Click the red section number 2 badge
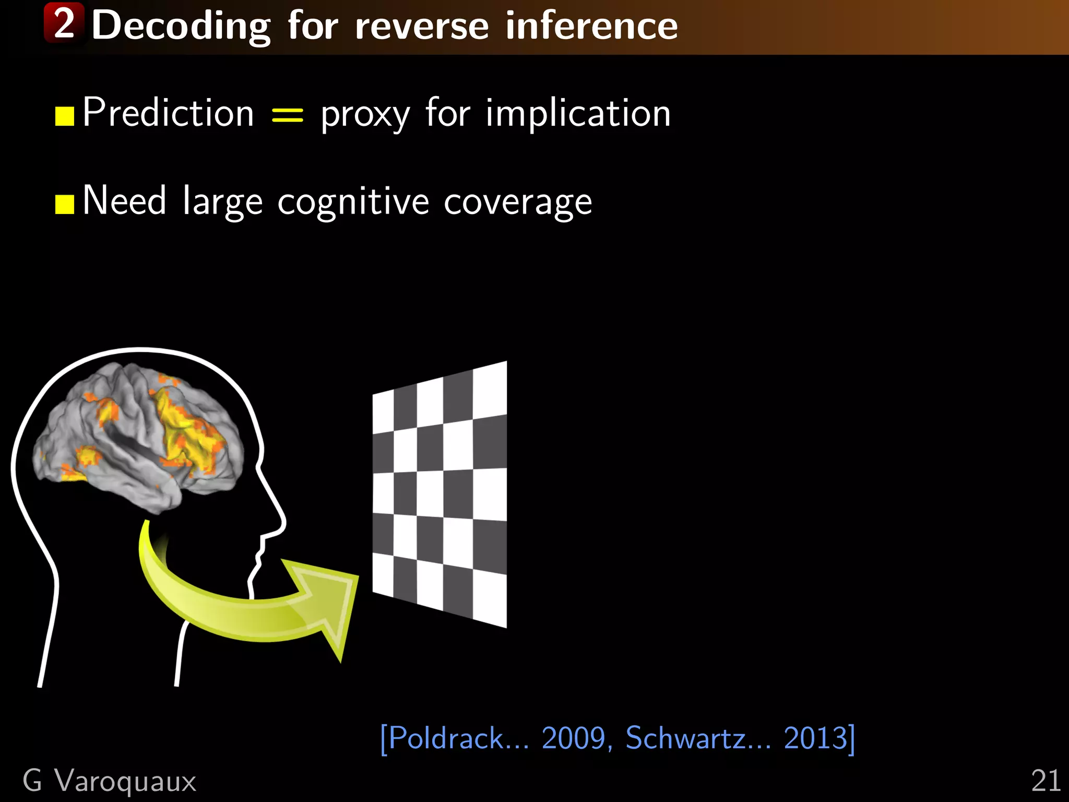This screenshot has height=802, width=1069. tap(64, 23)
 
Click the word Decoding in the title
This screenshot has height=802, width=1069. tap(181, 26)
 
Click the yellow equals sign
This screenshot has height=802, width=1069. tap(287, 115)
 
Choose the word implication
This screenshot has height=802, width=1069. tap(578, 113)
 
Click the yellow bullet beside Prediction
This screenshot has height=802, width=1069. tap(65, 117)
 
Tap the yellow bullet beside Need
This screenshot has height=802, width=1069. tap(65, 205)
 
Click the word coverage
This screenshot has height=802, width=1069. tap(518, 203)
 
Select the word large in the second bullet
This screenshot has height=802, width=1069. tap(223, 203)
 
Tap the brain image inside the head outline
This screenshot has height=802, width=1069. tap(138, 436)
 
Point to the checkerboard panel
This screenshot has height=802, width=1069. tap(440, 493)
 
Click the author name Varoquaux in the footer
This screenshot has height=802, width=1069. tap(125, 781)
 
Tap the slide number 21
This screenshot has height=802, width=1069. tap(1046, 781)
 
